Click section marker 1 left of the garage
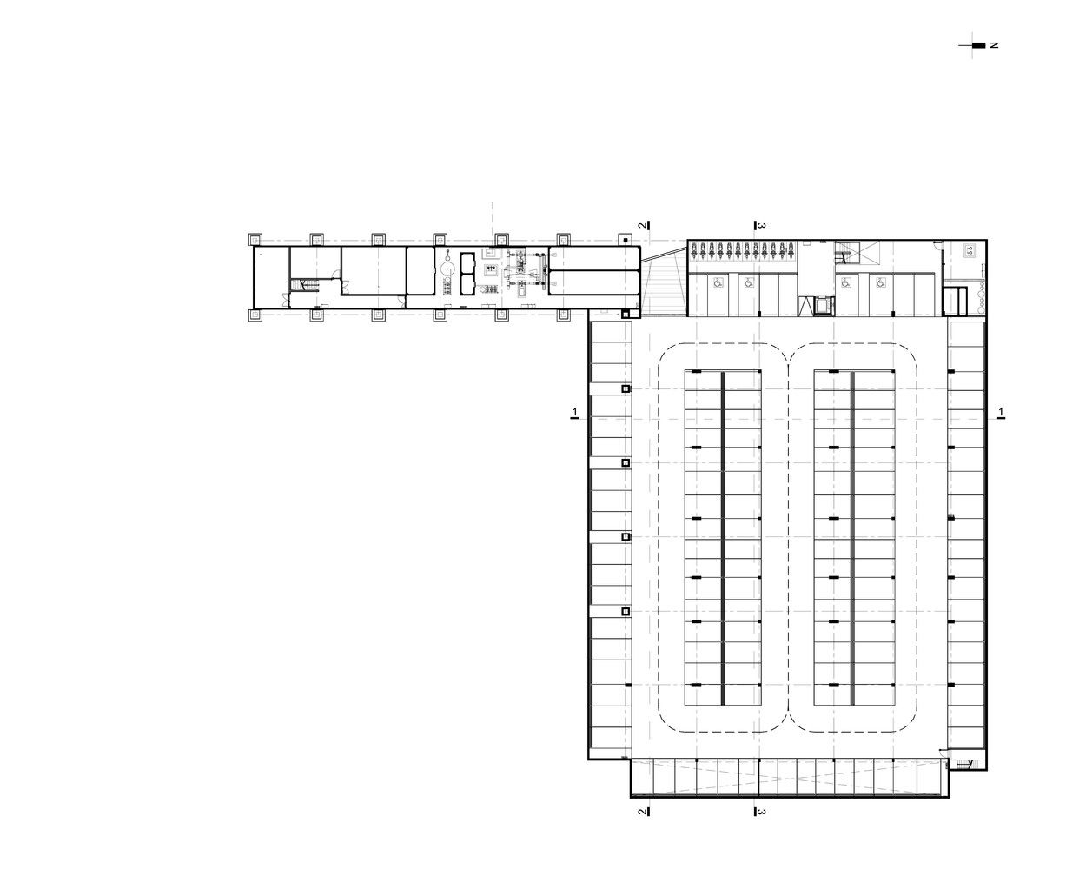(x=575, y=414)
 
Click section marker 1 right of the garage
(x=1001, y=414)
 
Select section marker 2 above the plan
(x=644, y=226)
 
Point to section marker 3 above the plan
(x=759, y=226)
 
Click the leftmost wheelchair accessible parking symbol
(x=718, y=284)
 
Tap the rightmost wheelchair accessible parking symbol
(x=881, y=284)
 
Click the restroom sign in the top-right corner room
(x=970, y=250)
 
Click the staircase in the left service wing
(x=305, y=286)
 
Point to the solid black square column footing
(x=625, y=240)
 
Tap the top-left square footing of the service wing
(x=255, y=239)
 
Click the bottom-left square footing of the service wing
(x=255, y=315)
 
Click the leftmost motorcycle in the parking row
(x=694, y=251)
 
